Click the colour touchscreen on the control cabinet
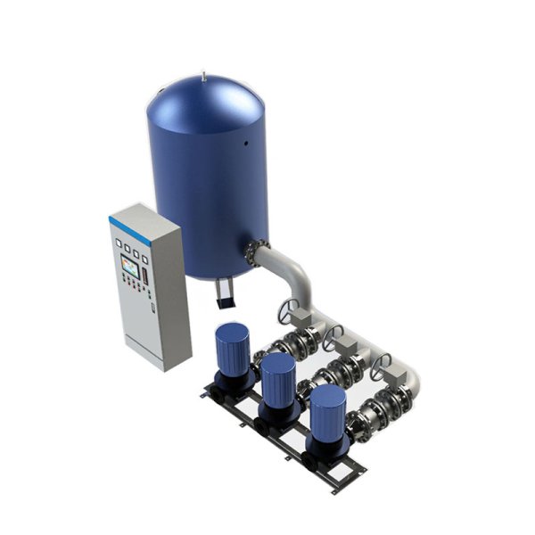pos(131,265)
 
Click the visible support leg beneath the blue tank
pos(223,292)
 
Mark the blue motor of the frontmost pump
pos(327,409)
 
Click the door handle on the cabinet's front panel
pos(152,309)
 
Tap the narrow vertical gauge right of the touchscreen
pos(145,266)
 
